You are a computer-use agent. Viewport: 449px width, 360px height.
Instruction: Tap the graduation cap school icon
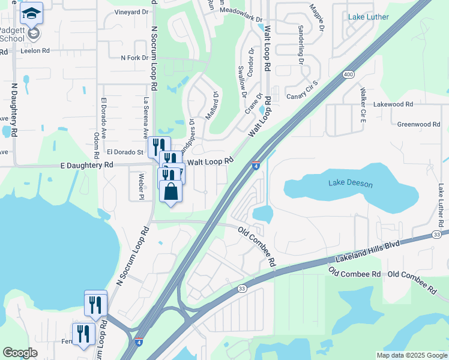pyautogui.click(x=32, y=13)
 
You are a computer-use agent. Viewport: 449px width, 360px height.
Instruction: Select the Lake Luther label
pyautogui.click(x=368, y=17)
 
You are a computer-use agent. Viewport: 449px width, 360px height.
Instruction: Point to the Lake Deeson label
pyautogui.click(x=351, y=184)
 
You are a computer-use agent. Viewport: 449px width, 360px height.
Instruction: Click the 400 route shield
pyautogui.click(x=348, y=74)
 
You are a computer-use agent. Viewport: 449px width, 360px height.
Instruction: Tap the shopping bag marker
pyautogui.click(x=171, y=192)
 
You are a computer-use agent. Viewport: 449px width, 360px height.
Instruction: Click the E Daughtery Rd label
pyautogui.click(x=87, y=164)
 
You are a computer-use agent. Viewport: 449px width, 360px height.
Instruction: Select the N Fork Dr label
pyautogui.click(x=134, y=58)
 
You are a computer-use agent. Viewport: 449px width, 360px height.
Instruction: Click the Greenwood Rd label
pyautogui.click(x=419, y=124)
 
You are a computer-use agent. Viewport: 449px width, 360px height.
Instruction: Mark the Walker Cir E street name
pyautogui.click(x=363, y=107)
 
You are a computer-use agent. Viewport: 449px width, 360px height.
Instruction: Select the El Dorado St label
pyautogui.click(x=125, y=152)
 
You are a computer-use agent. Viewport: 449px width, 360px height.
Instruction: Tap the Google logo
pyautogui.click(x=20, y=353)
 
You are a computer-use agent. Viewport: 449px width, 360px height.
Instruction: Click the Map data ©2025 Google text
pyautogui.click(x=411, y=355)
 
